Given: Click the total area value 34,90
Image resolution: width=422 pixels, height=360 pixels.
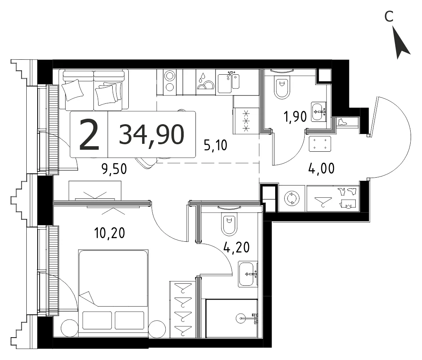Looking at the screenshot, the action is (x=152, y=134).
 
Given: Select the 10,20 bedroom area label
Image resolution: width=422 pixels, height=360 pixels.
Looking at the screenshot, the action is (x=110, y=233).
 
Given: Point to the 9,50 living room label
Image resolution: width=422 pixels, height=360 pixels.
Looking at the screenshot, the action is (x=114, y=169).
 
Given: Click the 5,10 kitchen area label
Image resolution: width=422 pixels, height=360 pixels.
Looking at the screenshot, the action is (x=216, y=145).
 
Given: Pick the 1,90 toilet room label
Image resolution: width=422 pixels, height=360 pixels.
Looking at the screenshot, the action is (x=295, y=117).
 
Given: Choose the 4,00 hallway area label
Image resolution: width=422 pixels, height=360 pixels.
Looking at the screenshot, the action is (x=322, y=169).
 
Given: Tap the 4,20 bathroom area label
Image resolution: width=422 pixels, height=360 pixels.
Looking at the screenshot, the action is (x=237, y=247).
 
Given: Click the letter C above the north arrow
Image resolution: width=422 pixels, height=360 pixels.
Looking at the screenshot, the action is (x=389, y=17).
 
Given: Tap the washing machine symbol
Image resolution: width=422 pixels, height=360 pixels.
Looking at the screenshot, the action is (x=292, y=199).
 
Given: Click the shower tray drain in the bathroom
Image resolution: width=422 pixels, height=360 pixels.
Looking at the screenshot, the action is (x=240, y=318).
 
